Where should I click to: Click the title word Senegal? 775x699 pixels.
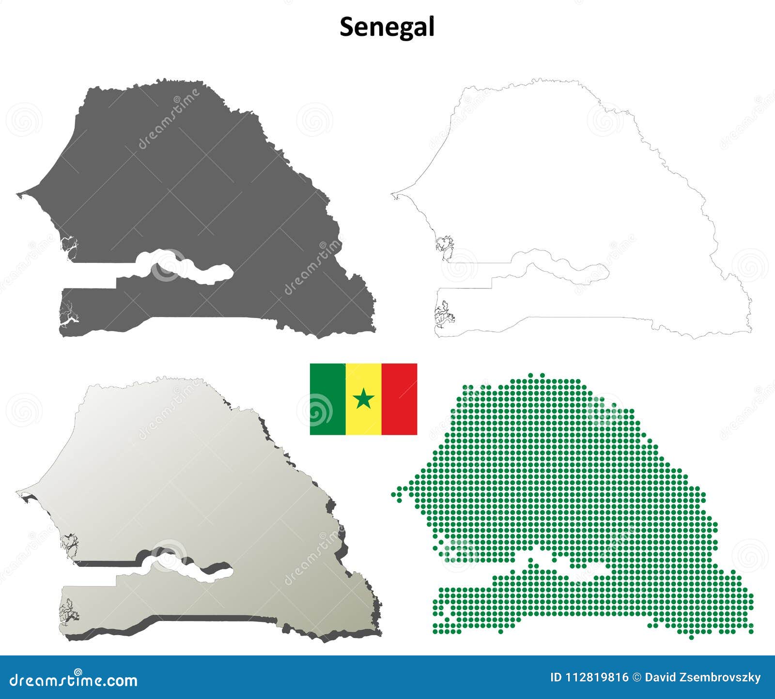[x=387, y=27]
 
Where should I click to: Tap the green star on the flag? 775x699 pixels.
[x=363, y=398]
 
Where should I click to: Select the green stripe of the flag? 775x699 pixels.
[x=327, y=399]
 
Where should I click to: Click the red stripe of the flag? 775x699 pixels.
[x=399, y=399]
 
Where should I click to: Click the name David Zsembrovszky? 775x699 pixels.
[x=703, y=678]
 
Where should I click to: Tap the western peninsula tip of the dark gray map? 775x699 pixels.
[x=18, y=195]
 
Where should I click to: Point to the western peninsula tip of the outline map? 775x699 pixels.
[x=393, y=196]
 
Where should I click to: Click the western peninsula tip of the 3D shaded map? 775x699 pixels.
[x=18, y=492]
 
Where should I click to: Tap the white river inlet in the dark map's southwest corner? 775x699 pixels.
[x=68, y=319]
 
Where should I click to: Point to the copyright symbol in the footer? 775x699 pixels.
[x=637, y=678]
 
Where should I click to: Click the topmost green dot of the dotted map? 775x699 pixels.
[x=542, y=375]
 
